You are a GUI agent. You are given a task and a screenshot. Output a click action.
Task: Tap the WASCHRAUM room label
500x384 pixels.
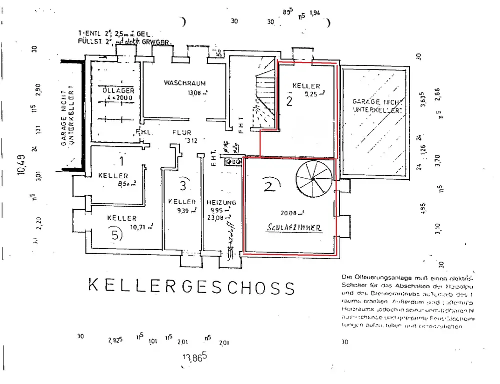[x=184, y=83]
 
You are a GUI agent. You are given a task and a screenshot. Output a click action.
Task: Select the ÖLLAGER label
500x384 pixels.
[x=118, y=90]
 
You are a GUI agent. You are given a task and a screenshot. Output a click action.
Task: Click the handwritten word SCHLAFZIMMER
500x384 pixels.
[x=294, y=227]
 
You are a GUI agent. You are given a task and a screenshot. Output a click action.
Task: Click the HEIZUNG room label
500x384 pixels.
[x=221, y=202]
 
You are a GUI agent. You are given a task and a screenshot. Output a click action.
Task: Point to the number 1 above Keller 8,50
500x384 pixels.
[x=120, y=161]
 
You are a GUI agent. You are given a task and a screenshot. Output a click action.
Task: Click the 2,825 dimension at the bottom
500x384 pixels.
[x=114, y=342]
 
